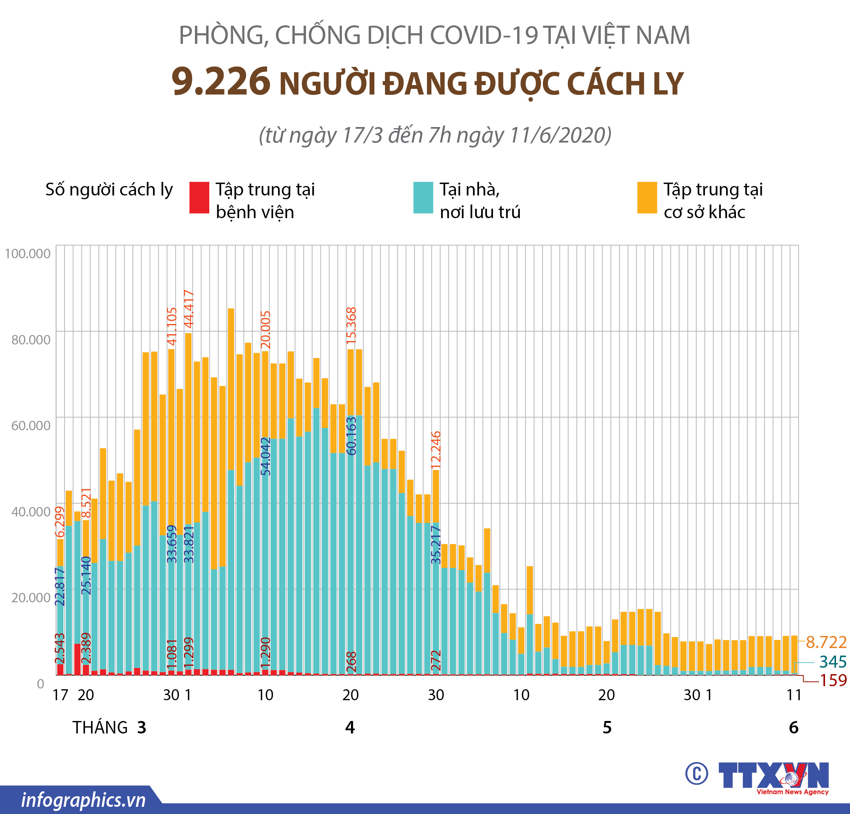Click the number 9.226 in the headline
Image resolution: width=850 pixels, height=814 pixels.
[x=221, y=82]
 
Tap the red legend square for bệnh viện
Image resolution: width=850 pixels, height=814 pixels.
[x=199, y=197]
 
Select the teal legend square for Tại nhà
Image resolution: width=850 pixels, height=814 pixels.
[x=423, y=197]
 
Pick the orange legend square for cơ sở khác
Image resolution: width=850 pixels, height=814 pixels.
[x=647, y=197]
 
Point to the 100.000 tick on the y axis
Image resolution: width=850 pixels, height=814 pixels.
[x=28, y=253]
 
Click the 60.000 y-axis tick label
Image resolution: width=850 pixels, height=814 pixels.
[x=31, y=426]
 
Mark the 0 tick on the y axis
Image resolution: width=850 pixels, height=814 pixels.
[x=40, y=684]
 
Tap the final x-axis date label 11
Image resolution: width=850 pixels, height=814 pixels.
[x=794, y=695]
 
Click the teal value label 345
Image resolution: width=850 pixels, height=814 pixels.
[x=833, y=662]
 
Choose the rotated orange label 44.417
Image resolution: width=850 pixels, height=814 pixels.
[x=189, y=309]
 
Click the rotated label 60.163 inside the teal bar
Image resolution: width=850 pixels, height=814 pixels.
[x=352, y=436]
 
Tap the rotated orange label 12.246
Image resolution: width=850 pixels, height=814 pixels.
[x=436, y=450]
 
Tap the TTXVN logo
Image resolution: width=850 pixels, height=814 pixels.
[x=774, y=775]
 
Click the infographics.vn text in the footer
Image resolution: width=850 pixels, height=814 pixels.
[x=83, y=800]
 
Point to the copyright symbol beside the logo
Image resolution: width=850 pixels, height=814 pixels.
[x=697, y=773]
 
